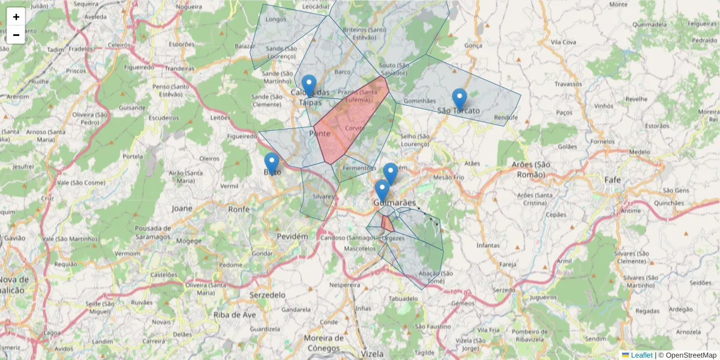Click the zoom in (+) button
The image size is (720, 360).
pos(16,17)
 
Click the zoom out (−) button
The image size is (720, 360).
pos(16,35)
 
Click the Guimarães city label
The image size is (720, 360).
pos(394,203)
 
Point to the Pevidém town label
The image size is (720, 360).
pos(292,236)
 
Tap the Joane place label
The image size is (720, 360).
pos(182,208)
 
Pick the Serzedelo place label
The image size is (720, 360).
pos(268,295)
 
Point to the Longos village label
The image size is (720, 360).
pos(276,19)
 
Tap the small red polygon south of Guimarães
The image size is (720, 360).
pos(387,223)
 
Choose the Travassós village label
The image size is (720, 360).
pos(568,85)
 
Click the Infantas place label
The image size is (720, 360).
pos(487,245)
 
